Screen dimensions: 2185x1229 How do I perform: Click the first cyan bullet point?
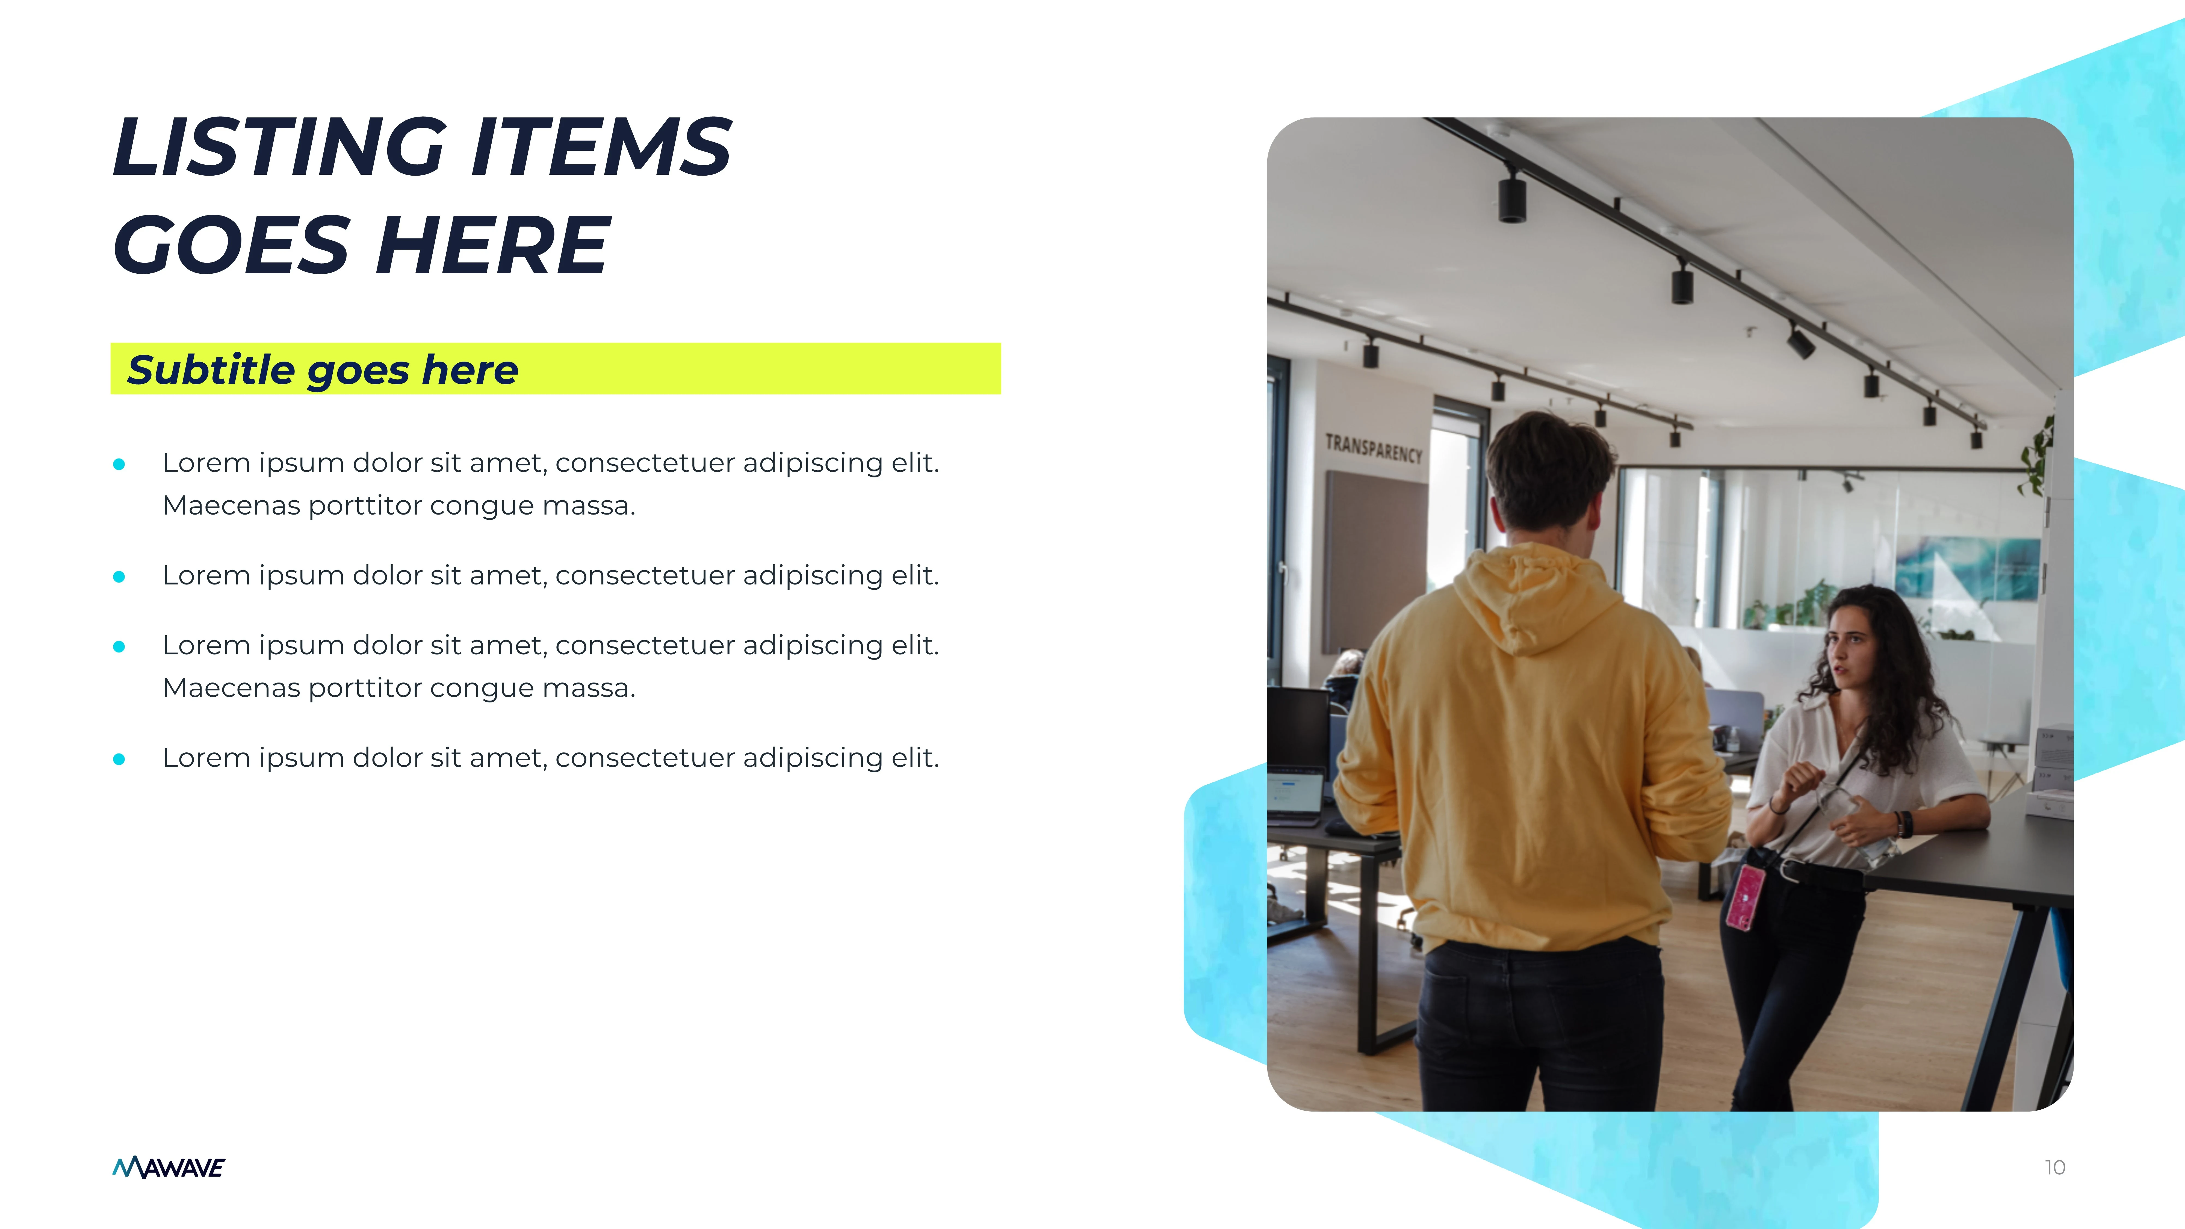tap(119, 464)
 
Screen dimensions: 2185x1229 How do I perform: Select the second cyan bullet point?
tap(119, 577)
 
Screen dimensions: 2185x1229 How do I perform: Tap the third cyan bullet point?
tap(119, 646)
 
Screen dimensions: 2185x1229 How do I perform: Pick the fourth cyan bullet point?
tap(119, 759)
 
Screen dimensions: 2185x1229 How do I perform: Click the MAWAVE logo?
tap(169, 1168)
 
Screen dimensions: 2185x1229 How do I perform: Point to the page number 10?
tap(2054, 1168)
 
